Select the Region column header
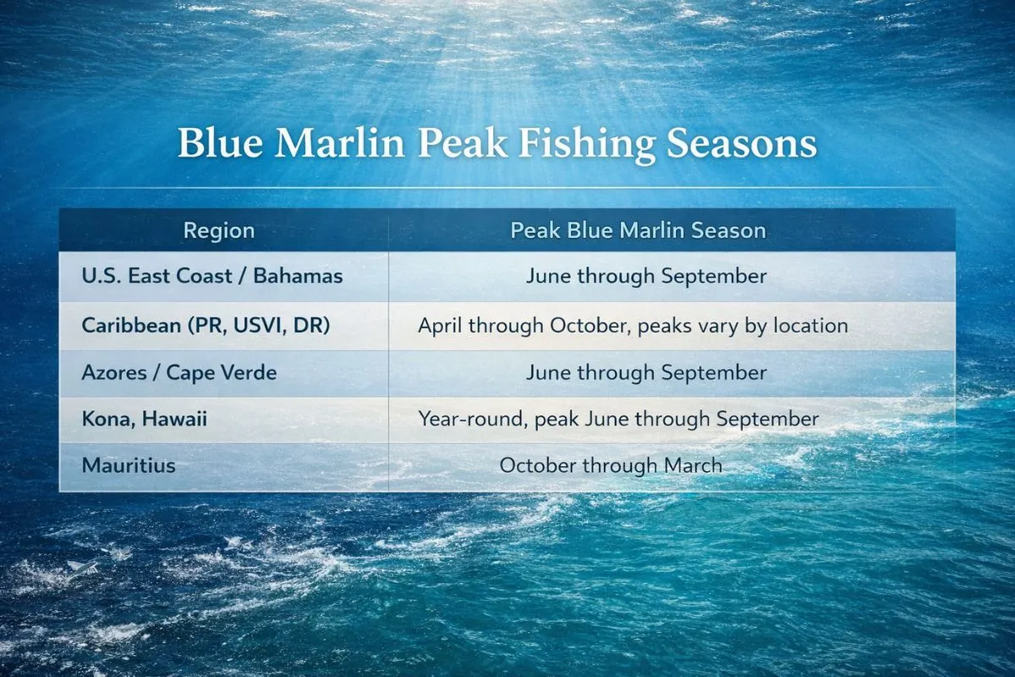click(x=219, y=231)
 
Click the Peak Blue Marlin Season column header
click(x=639, y=231)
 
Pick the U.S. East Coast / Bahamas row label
click(x=214, y=276)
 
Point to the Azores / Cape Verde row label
click(x=179, y=372)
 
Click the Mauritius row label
click(x=129, y=465)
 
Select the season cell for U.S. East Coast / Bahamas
click(x=646, y=276)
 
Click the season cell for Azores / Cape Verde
click(x=646, y=372)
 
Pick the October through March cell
click(x=611, y=465)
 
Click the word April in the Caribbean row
click(x=440, y=325)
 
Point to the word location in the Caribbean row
click(x=813, y=325)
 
